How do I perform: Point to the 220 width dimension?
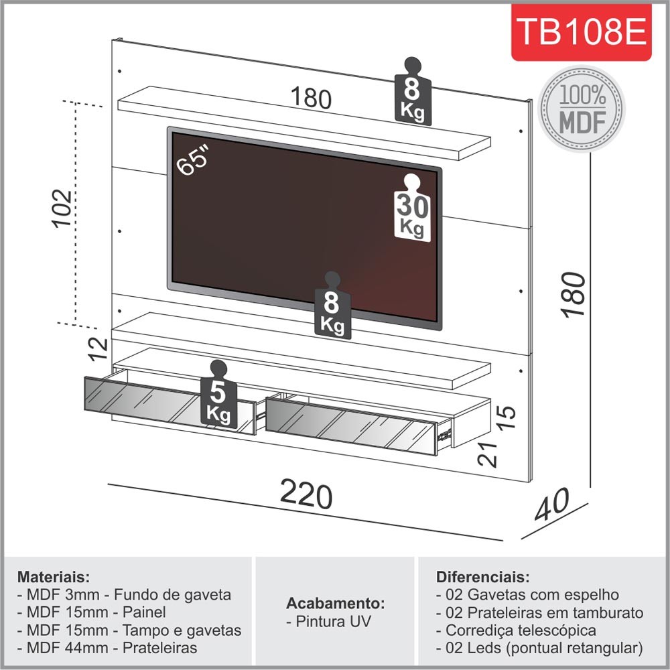306,496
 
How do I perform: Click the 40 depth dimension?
553,505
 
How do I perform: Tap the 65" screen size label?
194,161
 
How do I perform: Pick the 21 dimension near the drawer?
487,455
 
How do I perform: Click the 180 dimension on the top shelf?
311,98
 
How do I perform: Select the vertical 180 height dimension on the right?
574,293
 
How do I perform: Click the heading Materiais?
54,577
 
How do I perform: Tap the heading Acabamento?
336,601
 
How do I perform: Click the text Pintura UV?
332,621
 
